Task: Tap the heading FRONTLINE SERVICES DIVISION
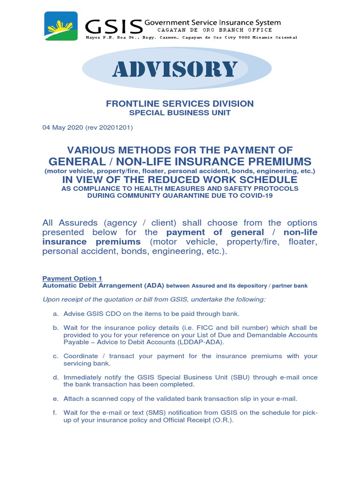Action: click(180, 104)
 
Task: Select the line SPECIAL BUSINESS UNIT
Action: click(180, 113)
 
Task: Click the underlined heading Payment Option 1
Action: click(72, 278)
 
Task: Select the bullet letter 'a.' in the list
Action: click(55, 314)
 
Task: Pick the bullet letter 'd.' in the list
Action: click(55, 377)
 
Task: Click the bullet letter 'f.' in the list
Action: click(55, 412)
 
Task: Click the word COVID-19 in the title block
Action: click(255, 195)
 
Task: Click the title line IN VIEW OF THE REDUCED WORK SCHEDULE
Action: click(180, 180)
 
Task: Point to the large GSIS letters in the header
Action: click(113, 26)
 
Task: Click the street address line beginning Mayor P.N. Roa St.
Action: click(191, 37)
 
